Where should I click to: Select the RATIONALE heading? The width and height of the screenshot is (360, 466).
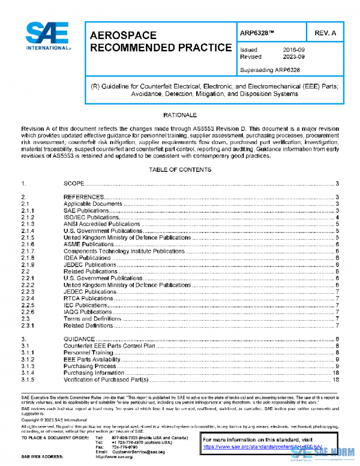pos(180,115)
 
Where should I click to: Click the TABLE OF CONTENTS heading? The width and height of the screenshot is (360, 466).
pos(180,170)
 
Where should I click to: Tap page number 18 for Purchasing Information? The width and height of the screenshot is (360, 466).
pos(336,373)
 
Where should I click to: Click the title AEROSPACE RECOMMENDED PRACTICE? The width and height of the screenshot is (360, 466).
pos(160,41)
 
